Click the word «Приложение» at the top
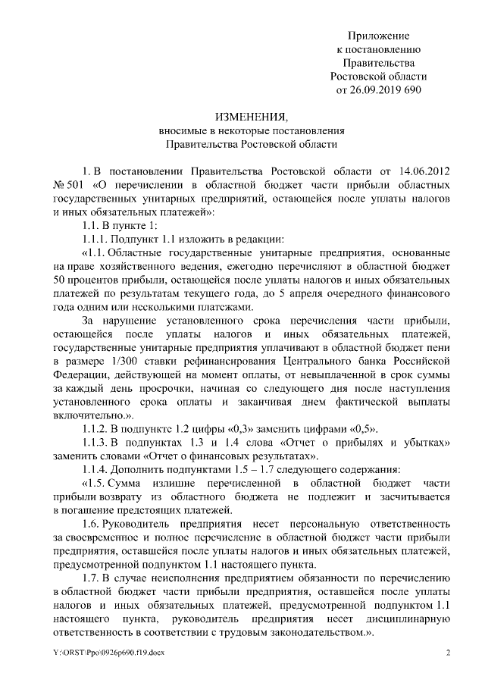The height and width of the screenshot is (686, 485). coord(379,36)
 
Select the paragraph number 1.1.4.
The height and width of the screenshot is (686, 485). coord(99,470)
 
